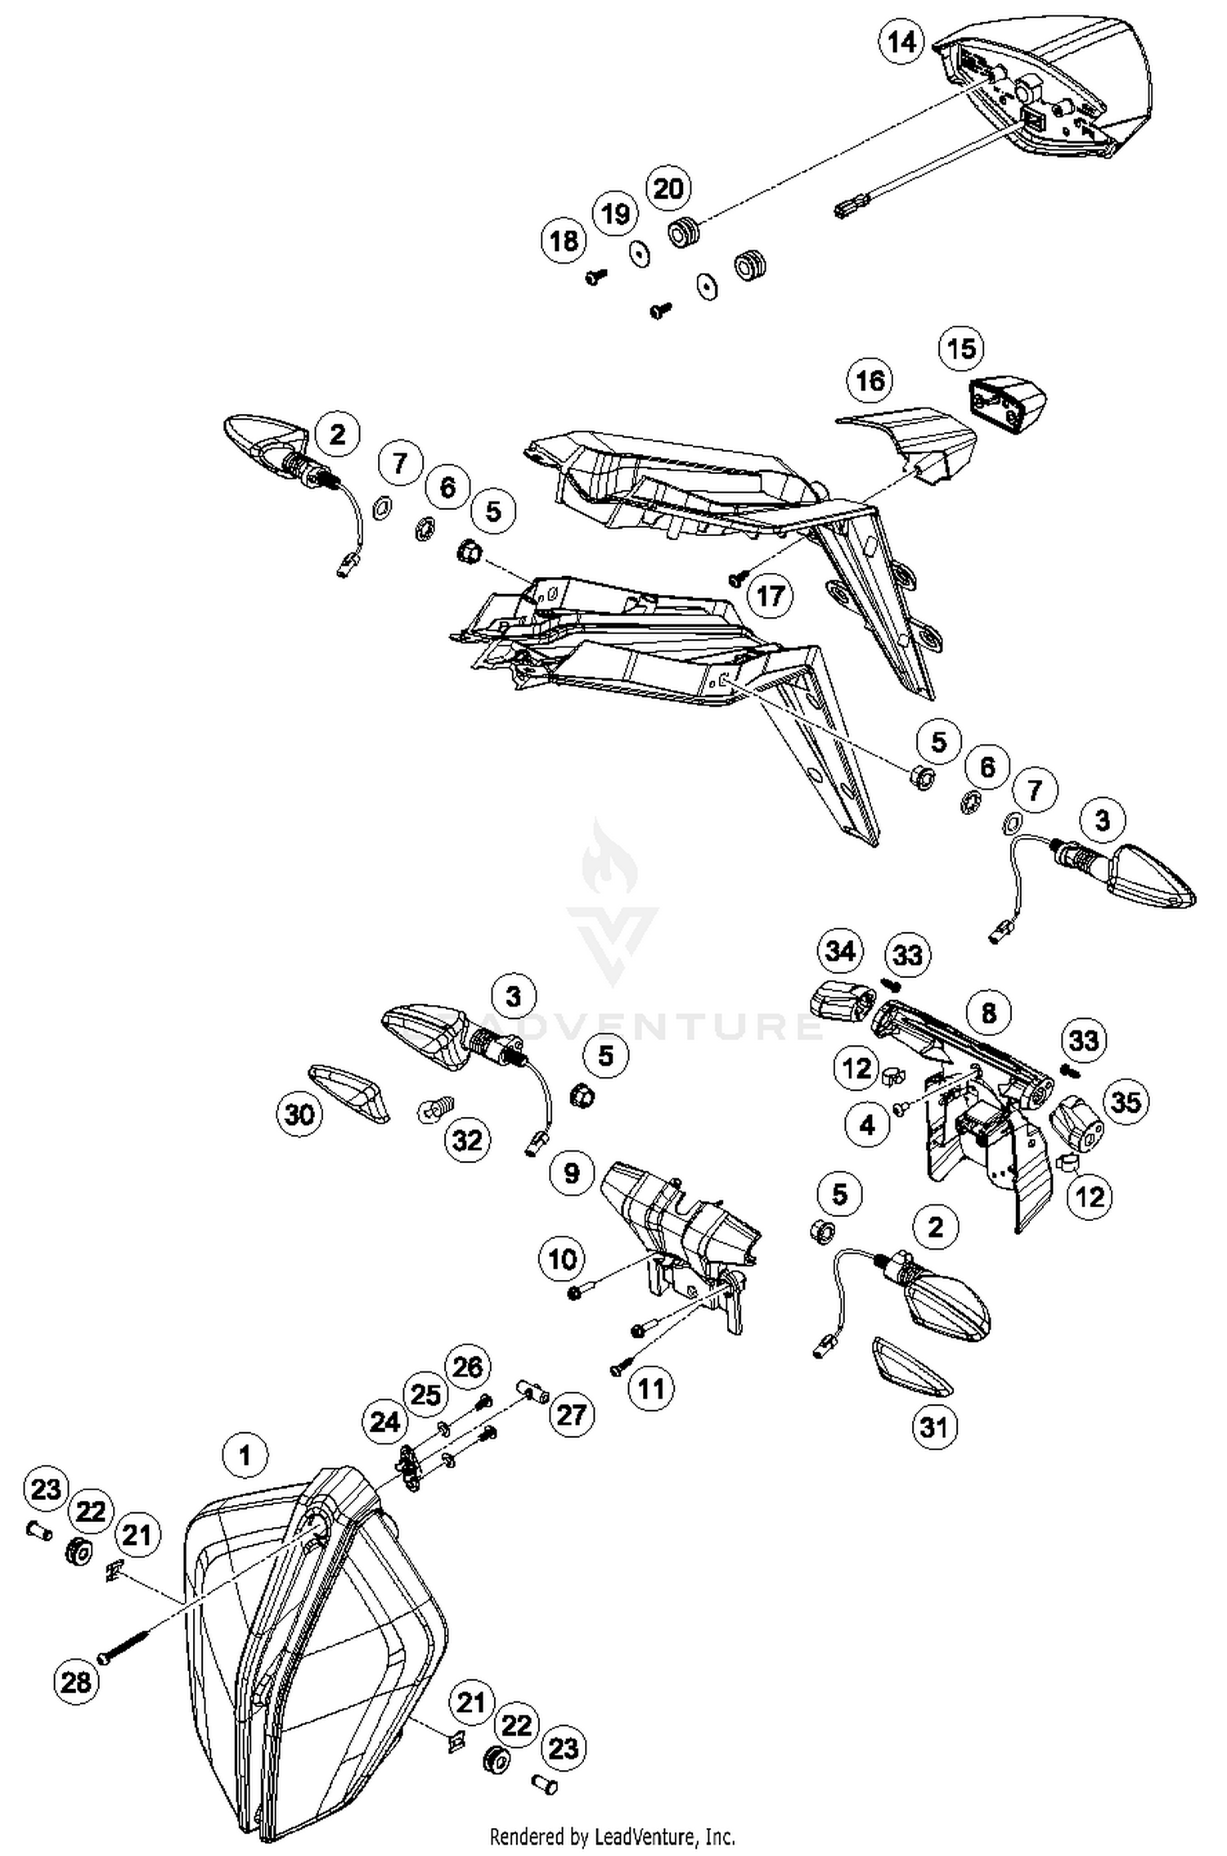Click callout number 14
click(x=902, y=42)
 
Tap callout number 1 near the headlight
click(x=244, y=1456)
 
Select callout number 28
click(x=77, y=1682)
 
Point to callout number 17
click(x=771, y=596)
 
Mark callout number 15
click(x=962, y=349)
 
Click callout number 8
click(x=988, y=1013)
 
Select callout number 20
click(x=669, y=189)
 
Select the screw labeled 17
click(x=736, y=579)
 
